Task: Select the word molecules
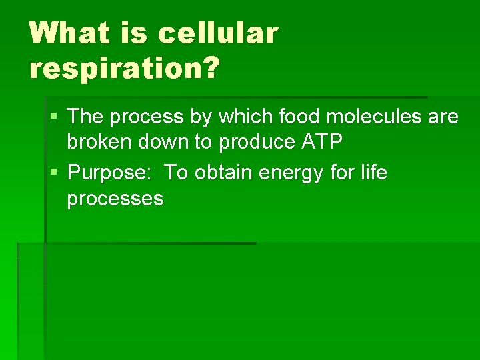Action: (377, 117)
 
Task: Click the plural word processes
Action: (115, 199)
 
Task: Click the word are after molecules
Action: (443, 117)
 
